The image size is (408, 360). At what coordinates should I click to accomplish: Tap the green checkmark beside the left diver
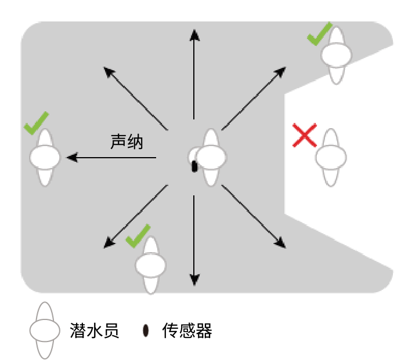36,123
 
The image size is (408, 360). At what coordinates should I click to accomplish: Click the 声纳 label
126,142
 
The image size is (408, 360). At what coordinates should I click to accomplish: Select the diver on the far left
45,157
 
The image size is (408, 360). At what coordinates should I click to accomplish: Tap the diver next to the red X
331,157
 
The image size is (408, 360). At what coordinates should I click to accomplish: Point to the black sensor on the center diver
194,166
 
